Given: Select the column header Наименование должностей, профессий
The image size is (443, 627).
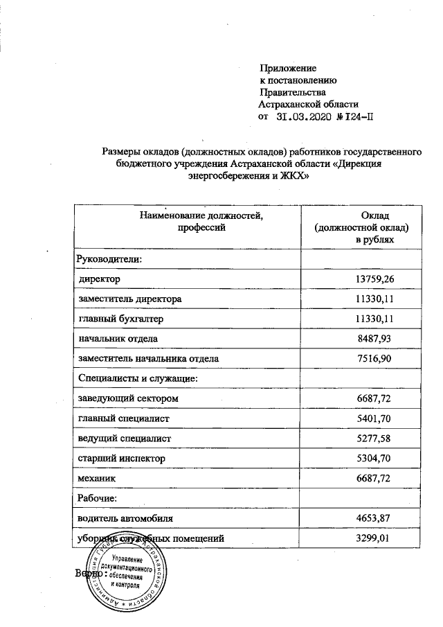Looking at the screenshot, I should point(203,222).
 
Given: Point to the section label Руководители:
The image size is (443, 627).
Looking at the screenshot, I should point(109,259).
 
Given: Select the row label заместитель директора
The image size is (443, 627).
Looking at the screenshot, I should point(130,299).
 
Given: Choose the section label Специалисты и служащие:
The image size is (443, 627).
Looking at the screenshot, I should point(138,378).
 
